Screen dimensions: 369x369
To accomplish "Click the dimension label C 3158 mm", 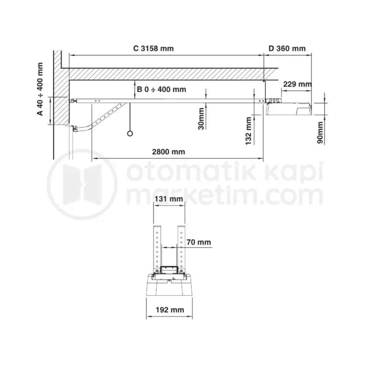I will tap(153, 48).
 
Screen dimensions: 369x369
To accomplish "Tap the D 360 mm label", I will tap(287, 48).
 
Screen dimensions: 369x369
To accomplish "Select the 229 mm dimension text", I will tap(297, 84).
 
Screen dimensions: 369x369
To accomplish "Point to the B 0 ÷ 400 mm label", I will tap(162, 90).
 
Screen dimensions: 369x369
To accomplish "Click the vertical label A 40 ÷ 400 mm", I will tap(40, 89).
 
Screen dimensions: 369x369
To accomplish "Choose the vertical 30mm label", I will tap(201, 119).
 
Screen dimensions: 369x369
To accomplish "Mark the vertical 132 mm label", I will tap(249, 131).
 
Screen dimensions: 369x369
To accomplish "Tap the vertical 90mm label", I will tap(320, 132).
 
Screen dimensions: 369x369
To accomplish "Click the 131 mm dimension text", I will tap(169, 199).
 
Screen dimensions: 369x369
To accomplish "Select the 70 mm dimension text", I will tap(198, 242).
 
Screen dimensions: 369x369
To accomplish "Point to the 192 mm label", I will tap(169, 310).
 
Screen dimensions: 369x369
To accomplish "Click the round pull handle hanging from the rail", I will tap(130, 133).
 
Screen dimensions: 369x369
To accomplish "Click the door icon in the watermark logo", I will tap(81, 184).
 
